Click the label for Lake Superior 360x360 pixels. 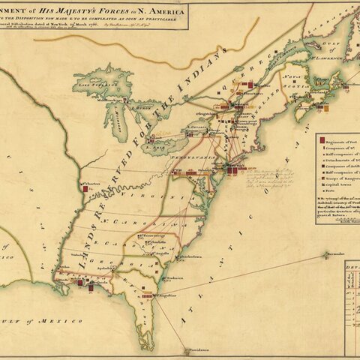pos(104,86)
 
